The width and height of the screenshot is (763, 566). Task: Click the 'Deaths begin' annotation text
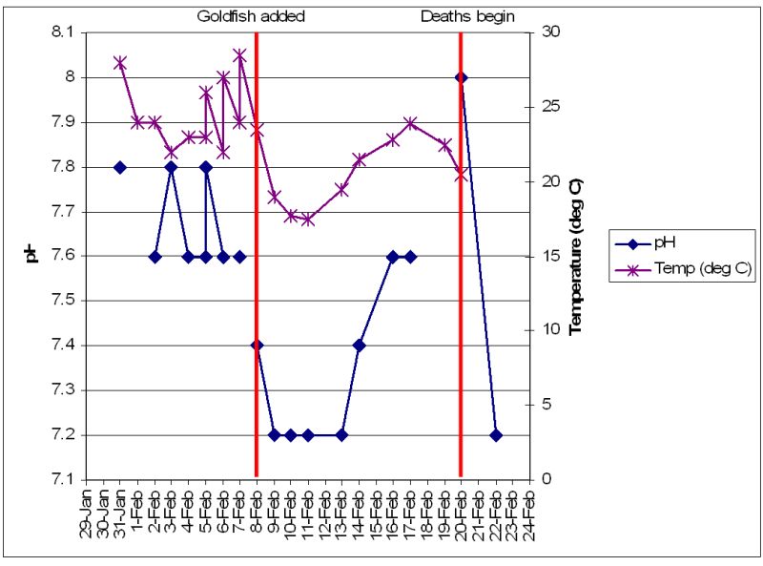467,16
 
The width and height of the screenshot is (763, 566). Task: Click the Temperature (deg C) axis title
575,255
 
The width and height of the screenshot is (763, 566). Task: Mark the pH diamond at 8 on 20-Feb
461,77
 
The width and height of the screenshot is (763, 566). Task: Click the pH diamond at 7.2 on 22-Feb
495,435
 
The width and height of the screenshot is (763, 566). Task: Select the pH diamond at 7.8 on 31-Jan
120,167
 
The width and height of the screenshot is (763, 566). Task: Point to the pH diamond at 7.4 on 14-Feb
359,346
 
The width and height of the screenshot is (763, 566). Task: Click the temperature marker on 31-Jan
120,63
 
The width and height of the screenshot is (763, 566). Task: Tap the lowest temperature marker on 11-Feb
307,219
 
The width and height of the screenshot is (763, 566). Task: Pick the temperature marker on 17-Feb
410,122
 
